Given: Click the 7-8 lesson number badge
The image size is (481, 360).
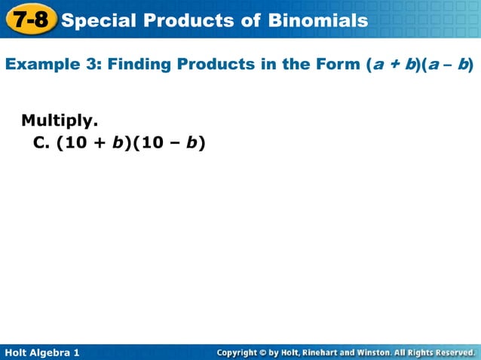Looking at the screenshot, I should point(30,19).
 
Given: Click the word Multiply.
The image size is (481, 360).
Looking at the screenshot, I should point(60,120).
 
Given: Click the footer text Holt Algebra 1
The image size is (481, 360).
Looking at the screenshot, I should point(41,352).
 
